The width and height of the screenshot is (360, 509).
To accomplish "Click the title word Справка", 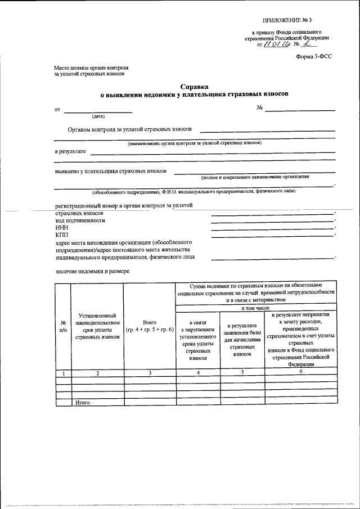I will point(194,87).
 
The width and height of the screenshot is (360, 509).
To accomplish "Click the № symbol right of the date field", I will point(260,107).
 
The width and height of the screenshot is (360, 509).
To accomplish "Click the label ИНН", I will point(61,228).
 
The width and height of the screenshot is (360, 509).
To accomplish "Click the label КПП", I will point(62,235).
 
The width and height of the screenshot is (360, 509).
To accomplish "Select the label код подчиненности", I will point(80,220).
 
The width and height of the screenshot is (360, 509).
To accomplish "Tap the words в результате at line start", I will point(70,151).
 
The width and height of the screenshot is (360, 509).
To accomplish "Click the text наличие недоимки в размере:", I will point(93,271).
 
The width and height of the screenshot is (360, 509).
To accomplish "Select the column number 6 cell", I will point(301,372).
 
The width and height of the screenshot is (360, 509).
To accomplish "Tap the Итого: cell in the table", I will point(83,403).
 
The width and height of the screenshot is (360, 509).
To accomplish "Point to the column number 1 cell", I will point(63,373).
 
